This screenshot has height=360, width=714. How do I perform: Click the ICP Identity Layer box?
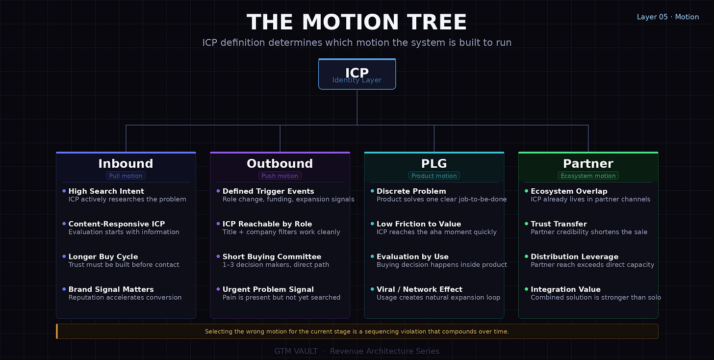click(357, 75)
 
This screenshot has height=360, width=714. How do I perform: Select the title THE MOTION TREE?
click(357, 23)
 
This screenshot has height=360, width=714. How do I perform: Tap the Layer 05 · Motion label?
click(667, 17)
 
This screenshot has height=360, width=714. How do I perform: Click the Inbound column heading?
click(126, 164)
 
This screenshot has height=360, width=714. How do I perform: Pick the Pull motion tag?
click(126, 176)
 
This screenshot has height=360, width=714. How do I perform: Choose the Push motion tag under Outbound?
click(280, 176)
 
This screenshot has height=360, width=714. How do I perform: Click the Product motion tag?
click(434, 176)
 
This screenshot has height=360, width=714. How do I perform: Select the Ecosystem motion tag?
click(588, 176)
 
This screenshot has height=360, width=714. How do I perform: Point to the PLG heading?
click(434, 164)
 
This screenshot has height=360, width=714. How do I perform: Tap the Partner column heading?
click(588, 164)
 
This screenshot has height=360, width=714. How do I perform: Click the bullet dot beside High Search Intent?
click(64, 191)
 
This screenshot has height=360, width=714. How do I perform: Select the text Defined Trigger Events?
click(268, 191)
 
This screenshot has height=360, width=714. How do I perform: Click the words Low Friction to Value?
click(419, 224)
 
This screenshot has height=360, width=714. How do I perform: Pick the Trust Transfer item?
click(559, 224)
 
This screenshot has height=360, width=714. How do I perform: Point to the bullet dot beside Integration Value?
click(526, 289)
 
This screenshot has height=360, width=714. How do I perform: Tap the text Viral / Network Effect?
click(419, 289)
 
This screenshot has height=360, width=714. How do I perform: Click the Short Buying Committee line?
click(272, 257)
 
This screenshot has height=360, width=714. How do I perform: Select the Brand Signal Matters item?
click(111, 289)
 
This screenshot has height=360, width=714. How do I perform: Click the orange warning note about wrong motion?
click(357, 332)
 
